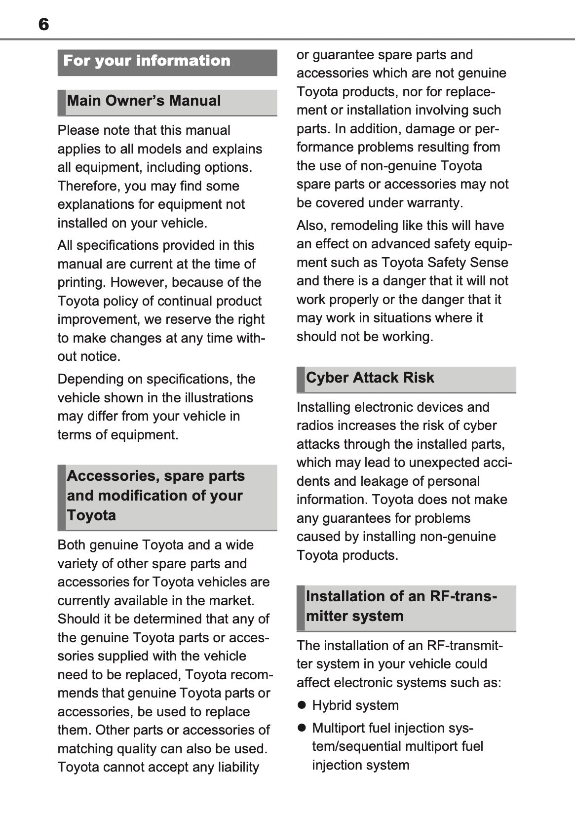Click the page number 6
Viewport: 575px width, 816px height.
click(43, 24)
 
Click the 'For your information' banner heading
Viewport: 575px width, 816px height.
click(147, 61)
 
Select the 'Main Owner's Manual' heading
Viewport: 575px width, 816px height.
click(144, 101)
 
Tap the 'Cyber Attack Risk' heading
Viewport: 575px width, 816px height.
click(370, 378)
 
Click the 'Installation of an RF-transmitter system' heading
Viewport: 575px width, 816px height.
click(401, 606)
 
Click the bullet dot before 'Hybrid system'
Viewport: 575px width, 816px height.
click(302, 705)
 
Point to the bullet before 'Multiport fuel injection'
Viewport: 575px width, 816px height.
click(302, 728)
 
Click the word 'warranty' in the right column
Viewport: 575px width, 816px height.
click(437, 203)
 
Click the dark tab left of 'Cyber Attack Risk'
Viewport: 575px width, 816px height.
click(300, 379)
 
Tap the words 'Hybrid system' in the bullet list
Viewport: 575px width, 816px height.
click(355, 705)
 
